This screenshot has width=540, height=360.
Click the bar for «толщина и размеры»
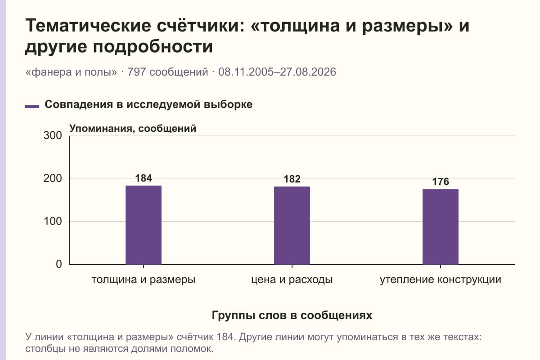pyautogui.click(x=144, y=225)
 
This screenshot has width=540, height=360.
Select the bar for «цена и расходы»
pyautogui.click(x=292, y=225)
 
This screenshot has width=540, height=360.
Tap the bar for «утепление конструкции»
pyautogui.click(x=441, y=227)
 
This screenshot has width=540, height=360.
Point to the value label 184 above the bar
pyautogui.click(x=144, y=178)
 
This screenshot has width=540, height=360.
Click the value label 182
pyautogui.click(x=292, y=179)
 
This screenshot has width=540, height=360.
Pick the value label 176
pyautogui.click(x=441, y=181)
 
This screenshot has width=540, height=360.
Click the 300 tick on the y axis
pyautogui.click(x=53, y=135)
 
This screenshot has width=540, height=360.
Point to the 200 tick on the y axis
pyautogui.click(x=53, y=179)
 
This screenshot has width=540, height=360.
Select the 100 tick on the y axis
pyautogui.click(x=53, y=221)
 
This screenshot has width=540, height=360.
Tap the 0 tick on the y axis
pyautogui.click(x=59, y=264)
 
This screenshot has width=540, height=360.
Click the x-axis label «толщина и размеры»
pyautogui.click(x=144, y=280)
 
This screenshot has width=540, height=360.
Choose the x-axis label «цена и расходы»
pyautogui.click(x=292, y=280)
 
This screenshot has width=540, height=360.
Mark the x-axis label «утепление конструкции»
pyautogui.click(x=441, y=280)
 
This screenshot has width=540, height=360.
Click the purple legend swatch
pyautogui.click(x=32, y=107)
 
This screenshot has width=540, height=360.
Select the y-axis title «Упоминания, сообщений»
pyautogui.click(x=133, y=129)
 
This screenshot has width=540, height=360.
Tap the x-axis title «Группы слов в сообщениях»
pyautogui.click(x=292, y=315)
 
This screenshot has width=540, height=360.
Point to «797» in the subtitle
pyautogui.click(x=136, y=72)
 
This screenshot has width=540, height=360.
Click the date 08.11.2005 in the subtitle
pyautogui.click(x=246, y=72)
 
